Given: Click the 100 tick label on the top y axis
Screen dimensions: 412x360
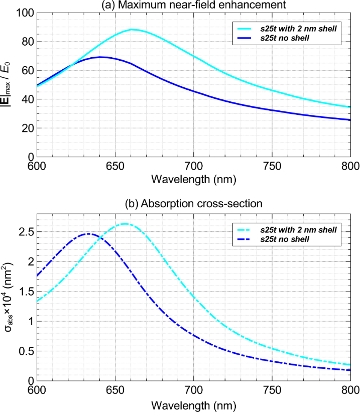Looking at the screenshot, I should point(24,13).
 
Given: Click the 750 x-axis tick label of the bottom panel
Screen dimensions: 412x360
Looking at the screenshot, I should point(272,388).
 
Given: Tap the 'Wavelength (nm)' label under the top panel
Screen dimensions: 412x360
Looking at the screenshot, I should point(193,178).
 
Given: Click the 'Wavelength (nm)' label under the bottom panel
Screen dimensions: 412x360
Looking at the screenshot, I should point(193,403).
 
